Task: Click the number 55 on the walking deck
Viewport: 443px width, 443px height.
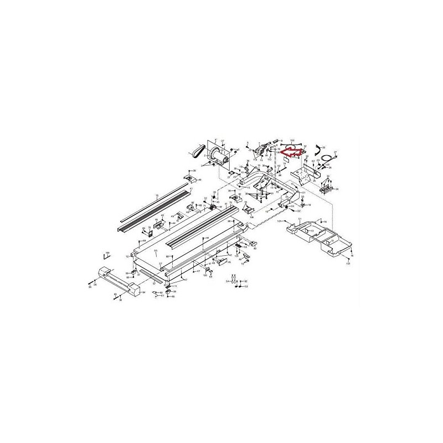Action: tap(156, 251)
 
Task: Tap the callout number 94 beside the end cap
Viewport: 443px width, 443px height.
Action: tap(143, 292)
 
